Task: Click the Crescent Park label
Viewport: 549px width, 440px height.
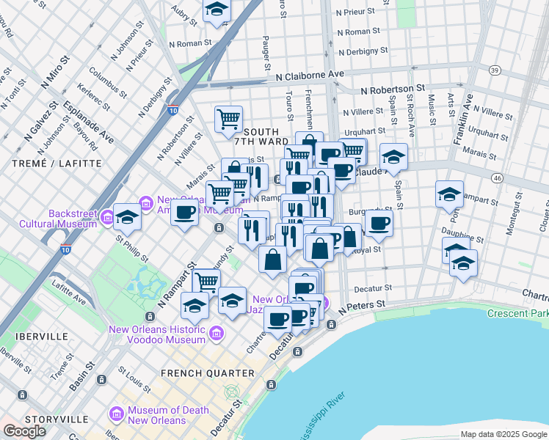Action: (x=518, y=313)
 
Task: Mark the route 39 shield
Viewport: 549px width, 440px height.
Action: (x=495, y=70)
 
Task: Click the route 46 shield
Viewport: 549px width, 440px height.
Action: (x=496, y=178)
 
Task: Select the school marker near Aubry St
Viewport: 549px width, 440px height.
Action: (x=217, y=10)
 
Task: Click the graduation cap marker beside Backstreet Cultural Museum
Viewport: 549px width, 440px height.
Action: (x=127, y=216)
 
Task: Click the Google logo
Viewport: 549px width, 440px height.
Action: (x=25, y=431)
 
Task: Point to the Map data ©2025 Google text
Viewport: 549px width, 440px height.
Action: (x=503, y=434)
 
